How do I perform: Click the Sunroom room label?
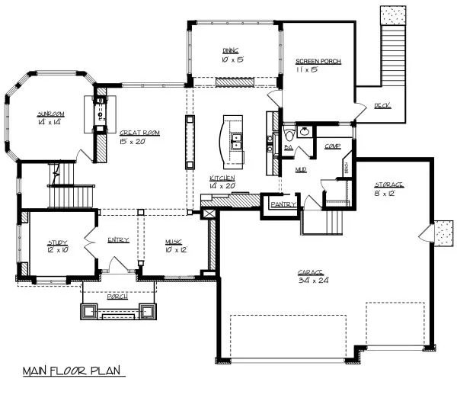coord(52,114)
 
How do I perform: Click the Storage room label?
coord(388,185)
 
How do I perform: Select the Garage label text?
coord(312,271)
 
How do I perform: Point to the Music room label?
coord(174,242)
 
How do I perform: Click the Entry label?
coord(118,240)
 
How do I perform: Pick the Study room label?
coord(57,242)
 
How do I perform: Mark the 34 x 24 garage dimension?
coord(312,281)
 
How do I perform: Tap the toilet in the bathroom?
coord(304,131)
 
